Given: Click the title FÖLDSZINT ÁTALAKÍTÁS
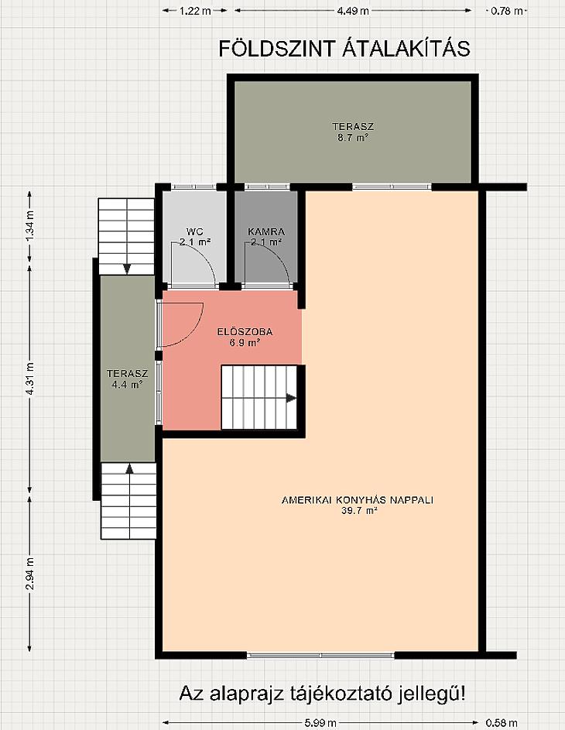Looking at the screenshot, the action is (344, 49).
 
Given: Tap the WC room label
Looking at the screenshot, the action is (194, 231).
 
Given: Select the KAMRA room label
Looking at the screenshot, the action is (266, 231).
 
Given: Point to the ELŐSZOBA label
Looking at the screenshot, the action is (245, 332).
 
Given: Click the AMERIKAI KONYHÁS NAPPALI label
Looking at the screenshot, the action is (358, 500).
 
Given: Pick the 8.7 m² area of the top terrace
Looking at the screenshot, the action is (353, 138).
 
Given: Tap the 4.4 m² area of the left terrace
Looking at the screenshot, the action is (127, 385).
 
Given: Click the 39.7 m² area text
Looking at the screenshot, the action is (358, 511).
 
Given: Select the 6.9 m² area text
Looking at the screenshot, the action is (245, 343).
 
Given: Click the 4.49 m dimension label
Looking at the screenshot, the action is (353, 11).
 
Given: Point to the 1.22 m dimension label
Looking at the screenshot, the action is (196, 11).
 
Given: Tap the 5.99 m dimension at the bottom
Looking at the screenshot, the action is (320, 723).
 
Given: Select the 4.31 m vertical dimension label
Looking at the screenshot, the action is (29, 379).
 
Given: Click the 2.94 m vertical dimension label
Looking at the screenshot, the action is (29, 574).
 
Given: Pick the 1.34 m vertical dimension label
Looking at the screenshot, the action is (29, 226).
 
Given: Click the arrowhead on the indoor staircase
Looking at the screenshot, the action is (291, 398).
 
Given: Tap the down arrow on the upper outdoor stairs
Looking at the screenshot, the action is (127, 269).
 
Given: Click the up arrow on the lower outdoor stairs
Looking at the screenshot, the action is (129, 468).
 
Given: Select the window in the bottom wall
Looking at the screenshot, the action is (320, 655).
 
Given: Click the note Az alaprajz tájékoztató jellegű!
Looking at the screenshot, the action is (322, 694).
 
